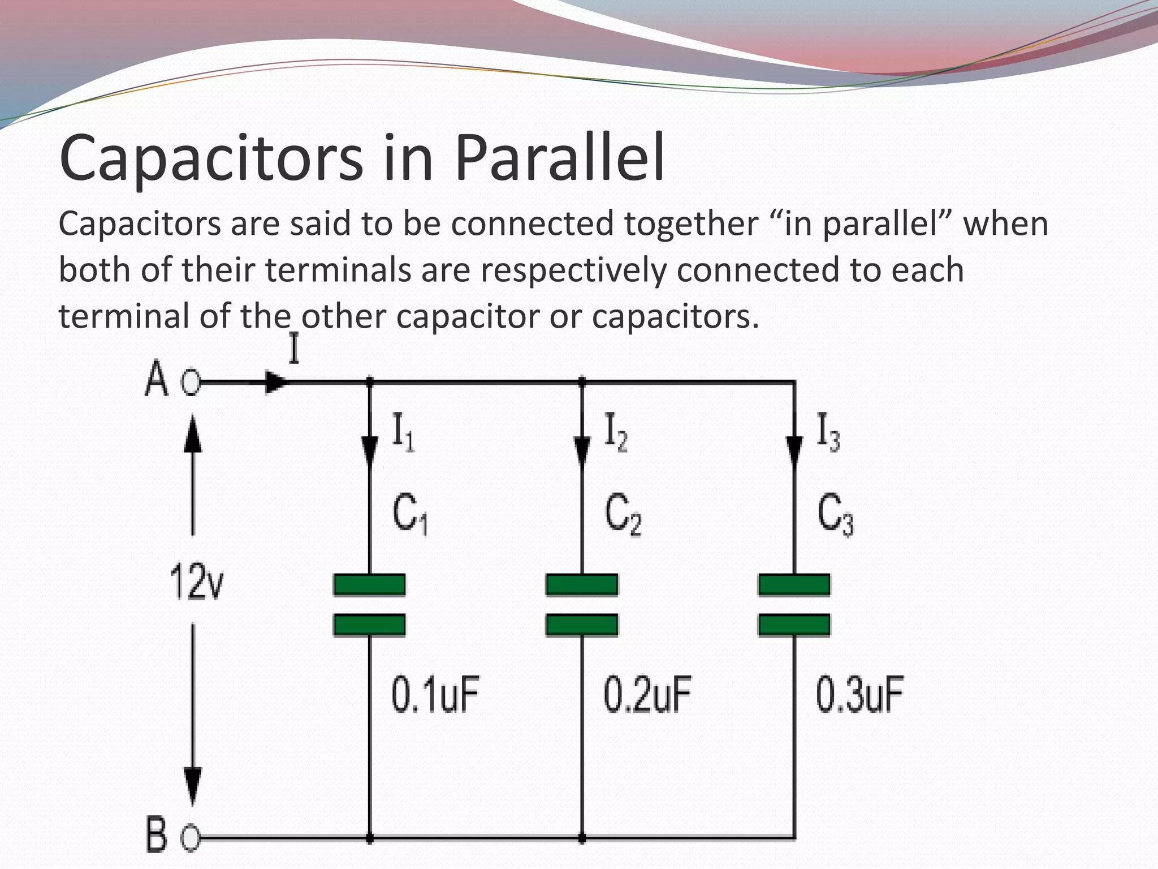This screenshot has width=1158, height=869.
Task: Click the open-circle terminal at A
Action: pos(191,383)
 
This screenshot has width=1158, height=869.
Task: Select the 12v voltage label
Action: pos(196,582)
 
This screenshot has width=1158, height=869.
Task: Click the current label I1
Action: pos(403,432)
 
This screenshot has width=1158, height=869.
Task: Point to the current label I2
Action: pos(616,432)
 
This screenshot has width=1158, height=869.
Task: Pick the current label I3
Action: pos(828,432)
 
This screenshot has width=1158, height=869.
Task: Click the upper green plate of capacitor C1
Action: pos(369,584)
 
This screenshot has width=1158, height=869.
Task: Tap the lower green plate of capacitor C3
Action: pos(794,625)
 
